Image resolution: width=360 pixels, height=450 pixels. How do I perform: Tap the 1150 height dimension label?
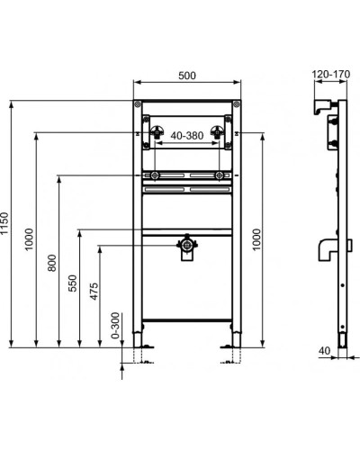(x=6, y=224)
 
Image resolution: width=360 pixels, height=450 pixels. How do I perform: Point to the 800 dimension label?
(x=52, y=263)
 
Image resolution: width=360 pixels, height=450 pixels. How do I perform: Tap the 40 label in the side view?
(x=321, y=351)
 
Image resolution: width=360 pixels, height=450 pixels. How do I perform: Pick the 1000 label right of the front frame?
(x=260, y=238)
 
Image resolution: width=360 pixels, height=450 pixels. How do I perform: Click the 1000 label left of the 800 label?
(x=30, y=238)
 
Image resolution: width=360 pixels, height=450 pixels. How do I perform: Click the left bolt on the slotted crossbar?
(x=157, y=175)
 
